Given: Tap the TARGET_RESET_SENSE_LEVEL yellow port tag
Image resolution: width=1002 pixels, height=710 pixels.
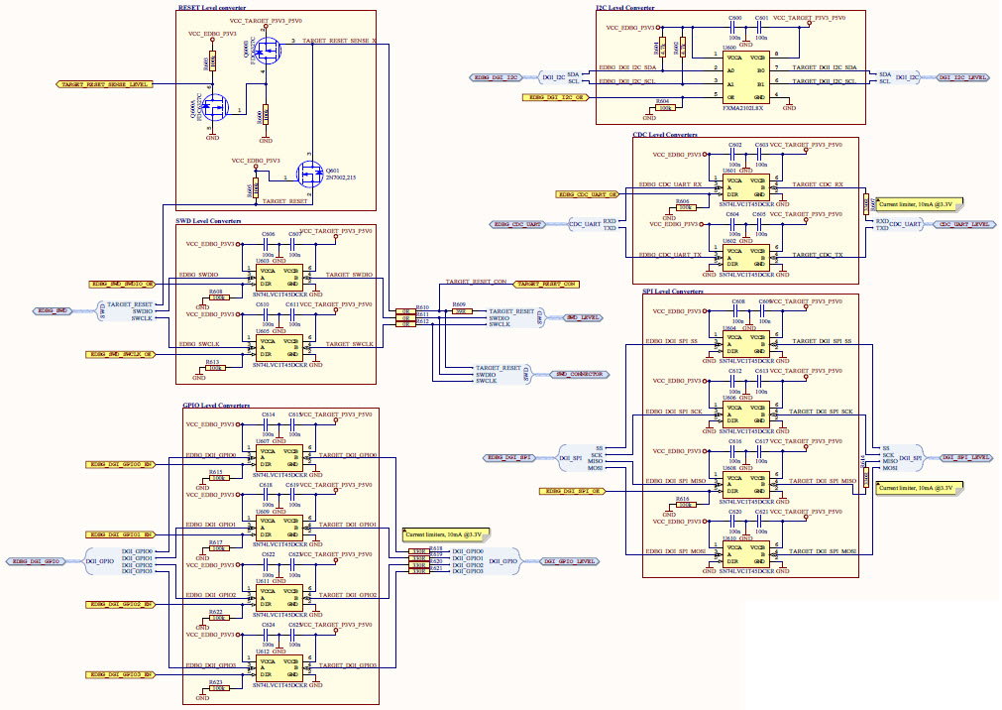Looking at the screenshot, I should tap(105, 85).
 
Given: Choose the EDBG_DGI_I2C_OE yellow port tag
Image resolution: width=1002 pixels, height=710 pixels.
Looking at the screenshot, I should tap(557, 98).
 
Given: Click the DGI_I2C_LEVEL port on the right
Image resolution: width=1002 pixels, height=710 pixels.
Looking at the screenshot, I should tap(962, 76).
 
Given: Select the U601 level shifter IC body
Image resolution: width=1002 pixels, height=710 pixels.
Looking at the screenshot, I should tap(748, 185).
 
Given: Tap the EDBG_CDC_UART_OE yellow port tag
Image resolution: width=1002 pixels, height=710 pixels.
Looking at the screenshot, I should tap(587, 194).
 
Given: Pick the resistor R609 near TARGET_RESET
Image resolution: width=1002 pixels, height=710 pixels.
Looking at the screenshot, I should tap(459, 311).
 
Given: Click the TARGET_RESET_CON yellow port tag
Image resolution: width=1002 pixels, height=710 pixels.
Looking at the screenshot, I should tap(545, 284).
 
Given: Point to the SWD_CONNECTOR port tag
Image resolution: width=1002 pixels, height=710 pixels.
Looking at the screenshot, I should tap(578, 374).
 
